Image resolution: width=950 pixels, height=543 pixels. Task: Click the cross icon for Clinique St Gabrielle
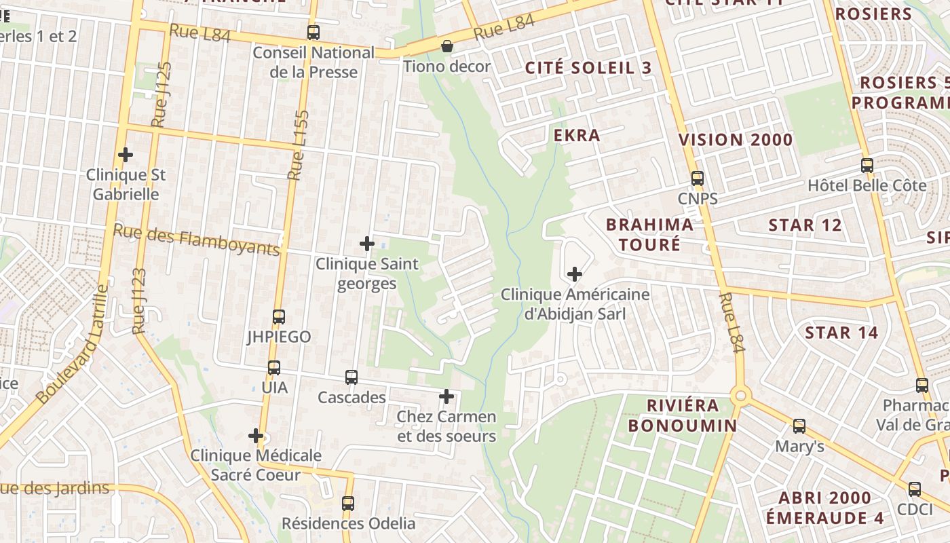pos(126,155)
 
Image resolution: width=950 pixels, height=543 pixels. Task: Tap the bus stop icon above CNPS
pos(697,179)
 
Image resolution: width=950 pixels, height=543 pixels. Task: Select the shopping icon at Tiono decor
pos(447,46)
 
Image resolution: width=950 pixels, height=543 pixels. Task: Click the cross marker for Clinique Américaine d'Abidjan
pos(575,274)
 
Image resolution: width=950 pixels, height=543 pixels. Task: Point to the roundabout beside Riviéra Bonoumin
pos(740,395)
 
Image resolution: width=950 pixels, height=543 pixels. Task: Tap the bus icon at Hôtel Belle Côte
pos(867,165)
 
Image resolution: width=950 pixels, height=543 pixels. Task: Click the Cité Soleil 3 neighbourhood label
pos(588,68)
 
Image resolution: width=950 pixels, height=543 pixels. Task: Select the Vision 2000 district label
pos(736,140)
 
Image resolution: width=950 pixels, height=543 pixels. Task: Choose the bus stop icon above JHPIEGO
pos(278,316)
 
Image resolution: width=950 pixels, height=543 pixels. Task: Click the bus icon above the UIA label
pos(273,367)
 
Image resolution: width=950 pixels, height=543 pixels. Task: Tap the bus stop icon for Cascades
pos(351,377)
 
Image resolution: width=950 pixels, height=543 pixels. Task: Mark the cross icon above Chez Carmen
pos(446,396)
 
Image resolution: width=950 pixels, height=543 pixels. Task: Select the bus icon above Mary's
pos(799,426)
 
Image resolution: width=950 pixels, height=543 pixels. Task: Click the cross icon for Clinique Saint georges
pos(367,243)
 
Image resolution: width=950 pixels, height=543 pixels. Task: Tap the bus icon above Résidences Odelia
pos(348,503)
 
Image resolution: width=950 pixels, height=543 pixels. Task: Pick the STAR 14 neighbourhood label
pos(841,333)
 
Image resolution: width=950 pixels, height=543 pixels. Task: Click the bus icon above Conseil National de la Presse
pos(313,32)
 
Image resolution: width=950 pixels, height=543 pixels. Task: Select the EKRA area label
pos(577,135)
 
